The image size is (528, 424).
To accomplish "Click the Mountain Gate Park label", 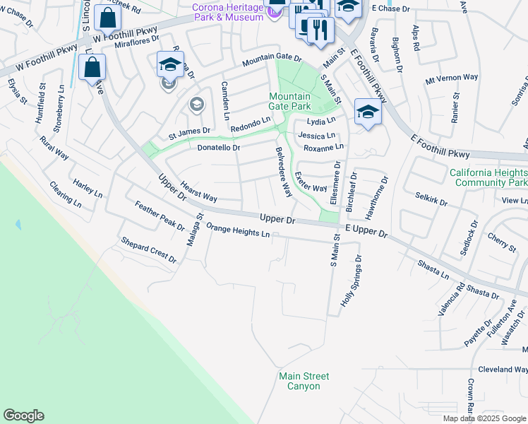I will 289,101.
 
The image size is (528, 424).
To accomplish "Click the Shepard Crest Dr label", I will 148,250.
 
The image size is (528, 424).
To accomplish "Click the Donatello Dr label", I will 219,148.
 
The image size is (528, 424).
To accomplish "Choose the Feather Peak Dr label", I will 160,216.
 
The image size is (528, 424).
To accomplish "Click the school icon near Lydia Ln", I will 367,112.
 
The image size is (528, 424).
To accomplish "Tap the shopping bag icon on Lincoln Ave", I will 92,68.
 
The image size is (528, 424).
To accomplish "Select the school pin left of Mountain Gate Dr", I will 169,65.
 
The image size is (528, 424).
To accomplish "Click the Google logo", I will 24,416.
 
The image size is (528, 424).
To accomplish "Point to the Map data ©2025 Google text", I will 484,418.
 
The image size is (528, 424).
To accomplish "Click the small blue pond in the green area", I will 17,224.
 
